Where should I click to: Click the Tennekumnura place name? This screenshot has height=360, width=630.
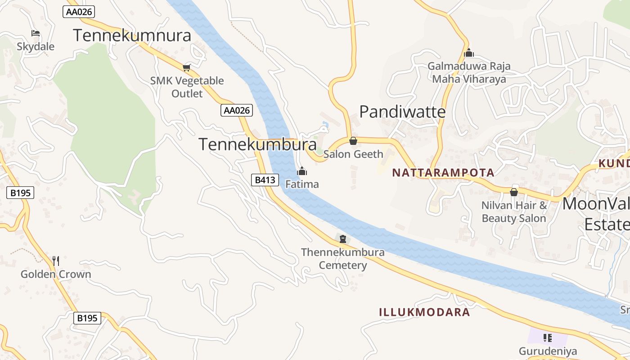pyautogui.click(x=132, y=35)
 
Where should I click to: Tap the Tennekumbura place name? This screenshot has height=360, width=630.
pyautogui.click(x=257, y=144)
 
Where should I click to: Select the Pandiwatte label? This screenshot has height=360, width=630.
pyautogui.click(x=402, y=112)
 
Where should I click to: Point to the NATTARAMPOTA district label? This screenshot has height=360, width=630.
pyautogui.click(x=443, y=172)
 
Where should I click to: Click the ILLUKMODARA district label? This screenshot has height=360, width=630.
pyautogui.click(x=424, y=312)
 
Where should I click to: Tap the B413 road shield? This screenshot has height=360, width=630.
pyautogui.click(x=265, y=180)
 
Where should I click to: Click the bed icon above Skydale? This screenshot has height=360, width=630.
pyautogui.click(x=36, y=33)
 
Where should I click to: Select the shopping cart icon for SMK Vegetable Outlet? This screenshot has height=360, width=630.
pyautogui.click(x=186, y=68)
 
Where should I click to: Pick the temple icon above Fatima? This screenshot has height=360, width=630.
pyautogui.click(x=302, y=171)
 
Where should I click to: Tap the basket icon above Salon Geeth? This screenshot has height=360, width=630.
pyautogui.click(x=353, y=141)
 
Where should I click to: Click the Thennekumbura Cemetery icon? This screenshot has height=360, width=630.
pyautogui.click(x=343, y=239)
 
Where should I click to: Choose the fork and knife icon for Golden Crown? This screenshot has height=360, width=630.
pyautogui.click(x=56, y=261)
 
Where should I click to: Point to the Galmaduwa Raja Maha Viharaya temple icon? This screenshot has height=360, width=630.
pyautogui.click(x=469, y=53)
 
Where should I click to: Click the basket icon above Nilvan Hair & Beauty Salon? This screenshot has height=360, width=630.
pyautogui.click(x=514, y=192)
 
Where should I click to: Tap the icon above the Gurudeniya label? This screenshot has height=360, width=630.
pyautogui.click(x=548, y=337)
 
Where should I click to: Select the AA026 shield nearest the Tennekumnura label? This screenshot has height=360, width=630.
pyautogui.click(x=79, y=12)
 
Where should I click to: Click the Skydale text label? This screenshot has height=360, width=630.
pyautogui.click(x=36, y=47)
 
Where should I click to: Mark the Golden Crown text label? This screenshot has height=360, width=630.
pyautogui.click(x=56, y=274)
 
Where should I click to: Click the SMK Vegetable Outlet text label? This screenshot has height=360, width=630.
pyautogui.click(x=187, y=87)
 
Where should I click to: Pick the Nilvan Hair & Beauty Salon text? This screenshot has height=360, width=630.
pyautogui.click(x=514, y=212)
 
